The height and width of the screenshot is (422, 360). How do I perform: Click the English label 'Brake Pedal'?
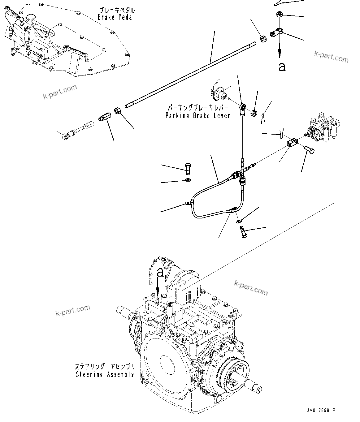(x=116, y=17)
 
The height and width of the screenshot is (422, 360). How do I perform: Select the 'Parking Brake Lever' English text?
(x=197, y=116)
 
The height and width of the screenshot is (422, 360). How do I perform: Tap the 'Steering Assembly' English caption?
(x=105, y=375)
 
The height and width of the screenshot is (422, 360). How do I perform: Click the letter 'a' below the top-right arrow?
(x=282, y=67)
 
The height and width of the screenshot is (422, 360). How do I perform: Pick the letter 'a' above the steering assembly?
(x=160, y=273)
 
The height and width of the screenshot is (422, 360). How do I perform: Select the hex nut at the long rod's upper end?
(x=263, y=39)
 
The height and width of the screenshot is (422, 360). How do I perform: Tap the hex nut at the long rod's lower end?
(x=118, y=110)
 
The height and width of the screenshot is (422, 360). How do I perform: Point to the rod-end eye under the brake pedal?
(x=66, y=135)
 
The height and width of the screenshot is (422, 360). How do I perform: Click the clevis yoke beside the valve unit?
(x=292, y=143)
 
